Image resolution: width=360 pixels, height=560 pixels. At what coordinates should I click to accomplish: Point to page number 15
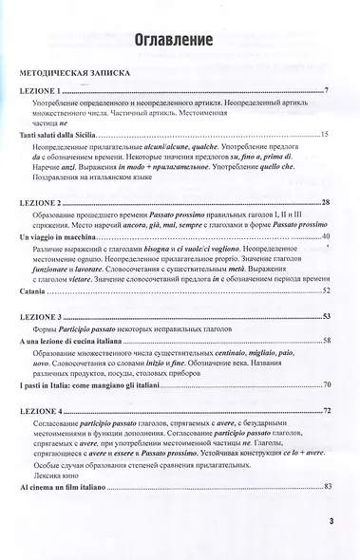325,136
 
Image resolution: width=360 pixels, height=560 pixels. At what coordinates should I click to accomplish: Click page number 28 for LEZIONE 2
326,204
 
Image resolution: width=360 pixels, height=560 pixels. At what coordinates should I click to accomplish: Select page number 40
325,234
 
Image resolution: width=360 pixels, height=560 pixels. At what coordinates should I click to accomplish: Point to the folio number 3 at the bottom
330,520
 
